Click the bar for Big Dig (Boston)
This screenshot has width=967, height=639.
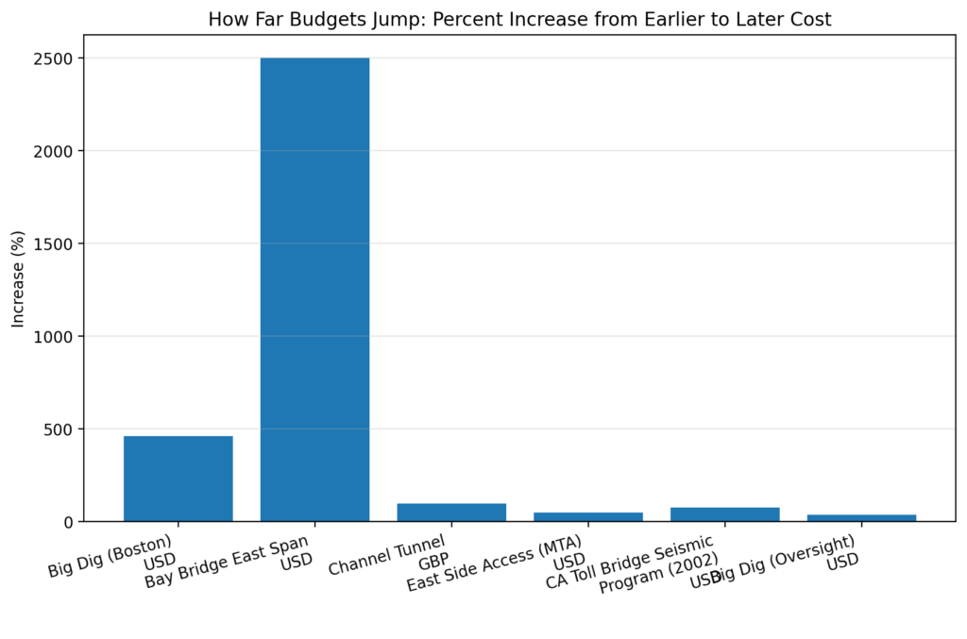(x=178, y=479)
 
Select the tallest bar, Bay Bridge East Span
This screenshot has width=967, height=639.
(x=314, y=290)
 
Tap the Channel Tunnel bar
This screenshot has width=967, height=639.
(x=451, y=513)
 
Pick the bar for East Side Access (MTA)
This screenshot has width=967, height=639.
(x=587, y=516)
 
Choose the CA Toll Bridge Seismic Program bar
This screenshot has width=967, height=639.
(x=724, y=514)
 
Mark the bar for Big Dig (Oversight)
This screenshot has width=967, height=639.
(x=861, y=517)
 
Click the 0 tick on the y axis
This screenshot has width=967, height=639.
(x=70, y=522)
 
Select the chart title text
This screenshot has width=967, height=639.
(x=519, y=20)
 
